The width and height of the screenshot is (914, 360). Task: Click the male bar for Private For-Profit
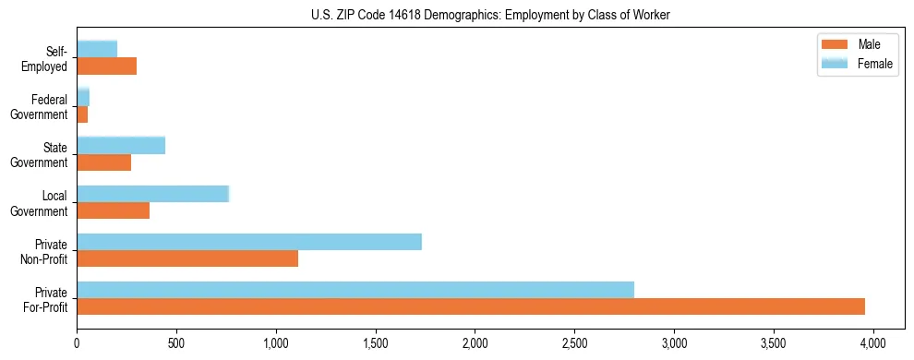pos(471,306)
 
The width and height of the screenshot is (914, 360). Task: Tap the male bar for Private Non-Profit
pos(187,258)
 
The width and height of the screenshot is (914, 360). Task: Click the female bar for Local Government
pos(152,194)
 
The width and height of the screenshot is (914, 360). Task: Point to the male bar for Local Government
pos(113,210)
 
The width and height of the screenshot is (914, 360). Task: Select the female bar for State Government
pos(121,145)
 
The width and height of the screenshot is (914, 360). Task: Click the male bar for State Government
pos(103,162)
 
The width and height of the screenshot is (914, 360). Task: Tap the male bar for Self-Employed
pos(106,66)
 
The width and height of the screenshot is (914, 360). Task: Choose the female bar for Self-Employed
pos(97,49)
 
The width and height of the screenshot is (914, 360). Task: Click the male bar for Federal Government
pos(82,114)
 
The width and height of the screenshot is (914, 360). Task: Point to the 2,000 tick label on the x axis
pos(475,342)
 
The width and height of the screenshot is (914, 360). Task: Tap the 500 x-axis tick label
pos(176,342)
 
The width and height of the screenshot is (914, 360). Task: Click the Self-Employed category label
pos(49,58)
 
